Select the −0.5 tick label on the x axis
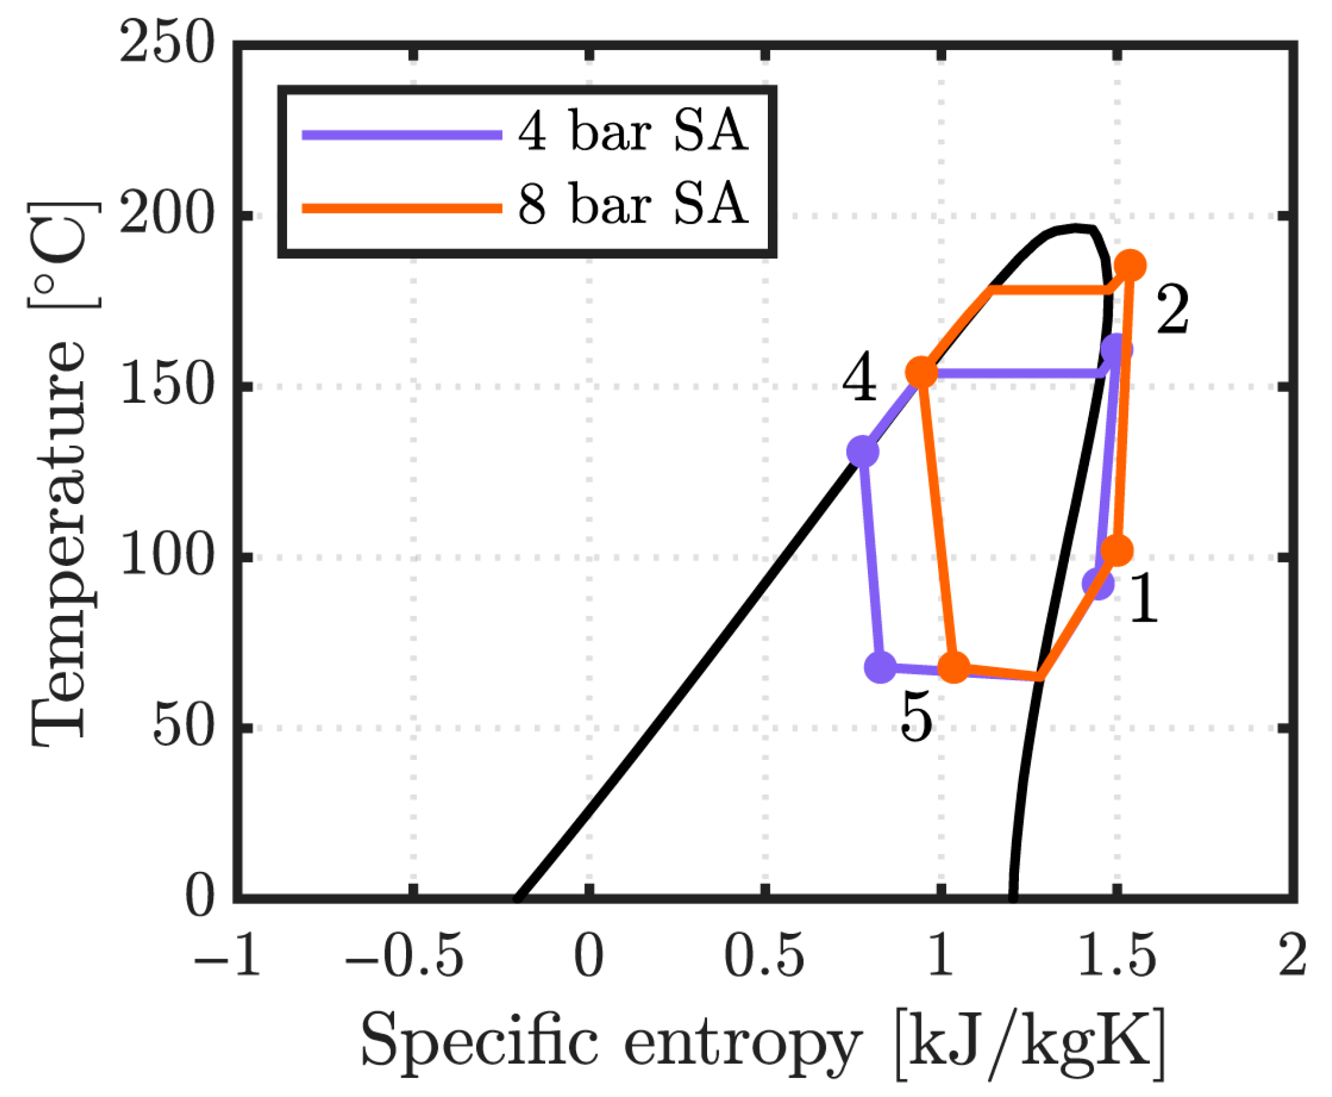tap(404, 955)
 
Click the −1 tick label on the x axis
tap(228, 955)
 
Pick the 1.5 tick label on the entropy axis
tap(1116, 955)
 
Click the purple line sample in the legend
tap(402, 135)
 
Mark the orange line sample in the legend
tap(402, 208)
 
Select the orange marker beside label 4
tap(922, 372)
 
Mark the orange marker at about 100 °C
tap(1118, 551)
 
